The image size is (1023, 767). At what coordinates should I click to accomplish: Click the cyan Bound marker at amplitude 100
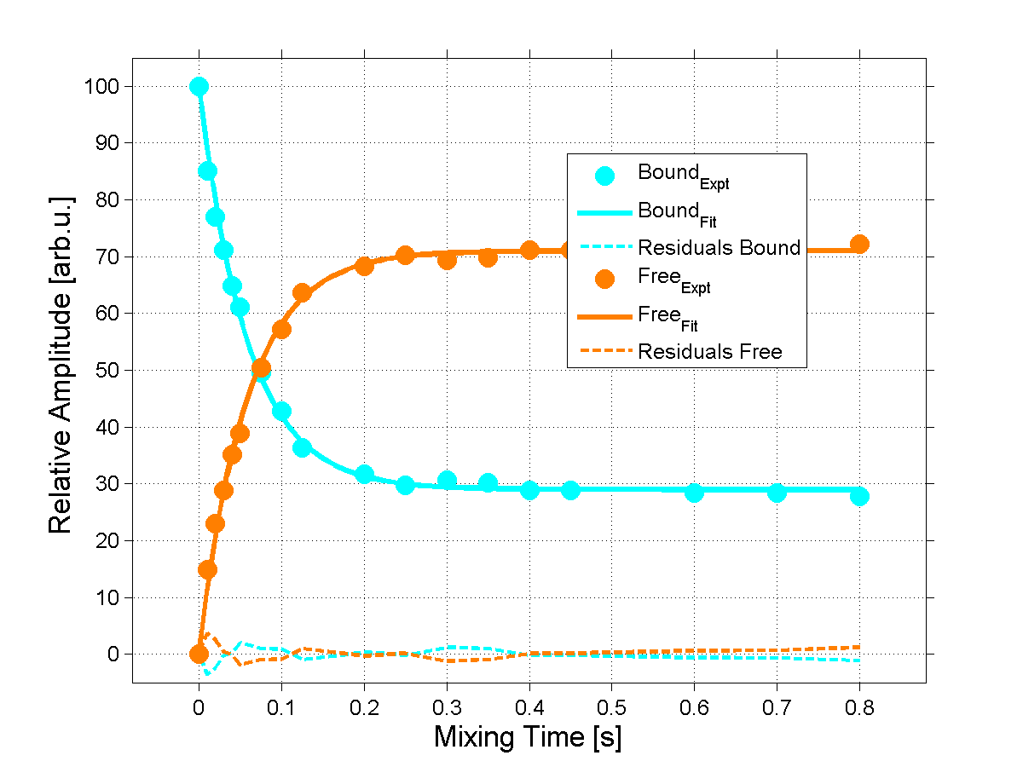(x=199, y=86)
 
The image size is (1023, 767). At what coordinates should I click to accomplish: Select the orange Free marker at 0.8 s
(x=859, y=245)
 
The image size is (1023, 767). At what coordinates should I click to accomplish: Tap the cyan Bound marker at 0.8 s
(x=859, y=496)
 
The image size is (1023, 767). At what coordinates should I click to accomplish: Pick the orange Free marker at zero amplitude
(x=199, y=654)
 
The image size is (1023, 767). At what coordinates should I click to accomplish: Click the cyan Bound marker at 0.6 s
(x=694, y=493)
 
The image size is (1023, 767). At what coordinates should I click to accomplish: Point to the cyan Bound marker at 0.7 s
(x=777, y=493)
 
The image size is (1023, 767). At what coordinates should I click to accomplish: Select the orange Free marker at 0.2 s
(x=364, y=265)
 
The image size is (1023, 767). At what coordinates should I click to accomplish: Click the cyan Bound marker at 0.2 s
(x=364, y=474)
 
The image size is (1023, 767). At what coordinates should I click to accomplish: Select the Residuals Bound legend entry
(x=719, y=248)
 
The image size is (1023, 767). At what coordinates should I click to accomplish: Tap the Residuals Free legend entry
(x=709, y=351)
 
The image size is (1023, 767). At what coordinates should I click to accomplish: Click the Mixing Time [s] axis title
(x=528, y=736)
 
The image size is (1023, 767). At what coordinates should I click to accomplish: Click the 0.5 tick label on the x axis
(x=611, y=708)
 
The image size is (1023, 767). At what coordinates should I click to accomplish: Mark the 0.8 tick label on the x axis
(x=859, y=708)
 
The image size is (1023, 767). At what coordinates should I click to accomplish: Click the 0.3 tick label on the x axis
(x=447, y=708)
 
